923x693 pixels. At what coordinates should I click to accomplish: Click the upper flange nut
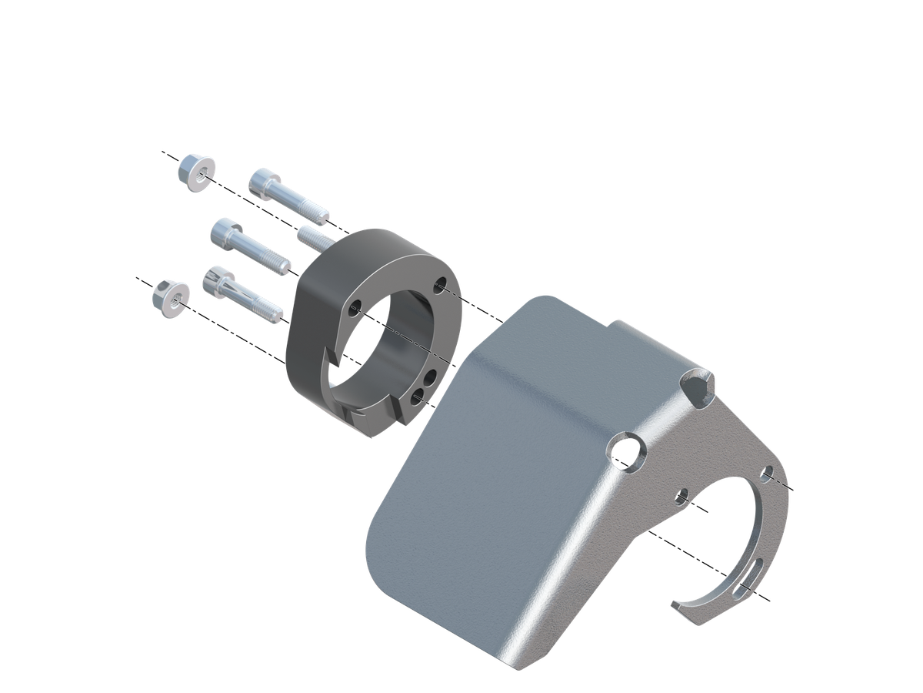[195, 172]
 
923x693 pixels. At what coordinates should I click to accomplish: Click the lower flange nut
[170, 298]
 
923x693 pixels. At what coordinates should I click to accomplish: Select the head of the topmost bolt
[265, 184]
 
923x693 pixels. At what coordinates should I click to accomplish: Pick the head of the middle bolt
[226, 232]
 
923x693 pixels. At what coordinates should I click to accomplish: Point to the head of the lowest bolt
[217, 281]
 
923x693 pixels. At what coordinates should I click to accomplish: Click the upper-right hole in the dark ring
[440, 285]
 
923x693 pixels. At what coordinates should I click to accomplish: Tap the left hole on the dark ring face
[355, 310]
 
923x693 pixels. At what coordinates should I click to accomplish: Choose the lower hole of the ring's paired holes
[417, 397]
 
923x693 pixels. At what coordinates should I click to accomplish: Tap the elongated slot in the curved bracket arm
[747, 579]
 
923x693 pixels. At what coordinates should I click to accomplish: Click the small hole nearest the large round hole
[681, 497]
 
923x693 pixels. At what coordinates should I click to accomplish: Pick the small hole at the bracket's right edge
[766, 474]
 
